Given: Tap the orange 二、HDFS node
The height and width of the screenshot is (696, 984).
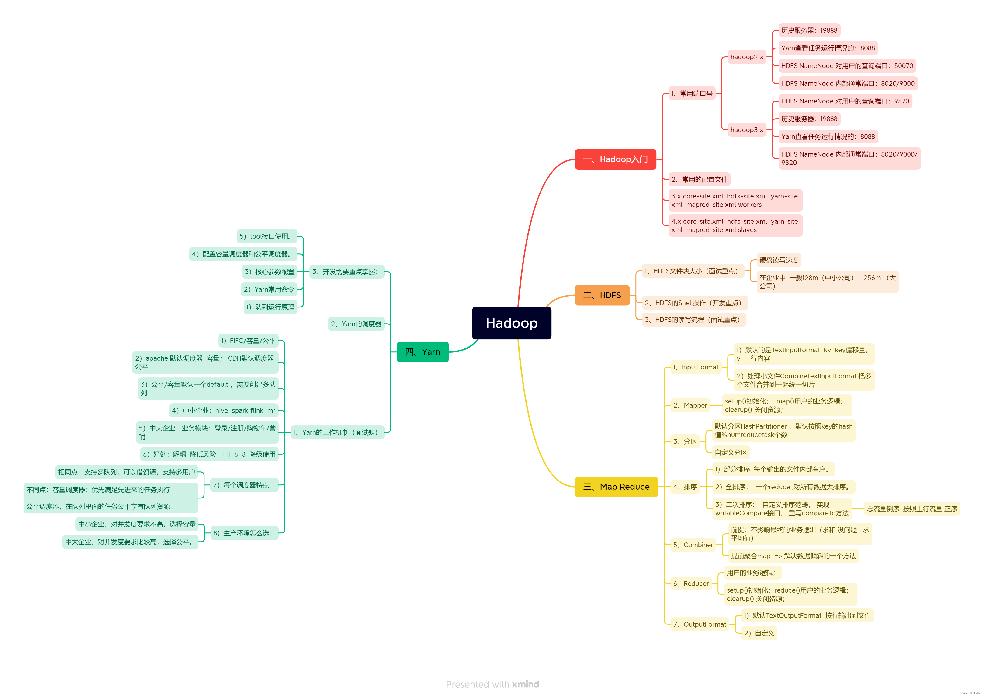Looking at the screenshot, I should pyautogui.click(x=602, y=295).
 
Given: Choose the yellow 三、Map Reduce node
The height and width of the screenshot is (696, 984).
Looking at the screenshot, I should pyautogui.click(x=616, y=487).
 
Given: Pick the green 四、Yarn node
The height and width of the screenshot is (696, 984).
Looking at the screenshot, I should pyautogui.click(x=423, y=352).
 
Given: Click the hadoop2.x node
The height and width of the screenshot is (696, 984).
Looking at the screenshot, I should pyautogui.click(x=747, y=57).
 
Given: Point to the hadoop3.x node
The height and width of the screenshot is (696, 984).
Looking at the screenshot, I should pyautogui.click(x=747, y=130).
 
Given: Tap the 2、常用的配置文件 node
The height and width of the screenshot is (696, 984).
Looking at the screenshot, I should pyautogui.click(x=699, y=180).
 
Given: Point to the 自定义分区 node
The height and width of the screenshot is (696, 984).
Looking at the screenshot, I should pyautogui.click(x=731, y=453).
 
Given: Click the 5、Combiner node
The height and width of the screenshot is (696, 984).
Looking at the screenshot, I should pyautogui.click(x=693, y=545).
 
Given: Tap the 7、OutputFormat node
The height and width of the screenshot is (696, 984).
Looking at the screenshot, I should pyautogui.click(x=699, y=624).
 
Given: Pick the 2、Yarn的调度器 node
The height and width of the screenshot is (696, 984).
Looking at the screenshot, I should pyautogui.click(x=356, y=324).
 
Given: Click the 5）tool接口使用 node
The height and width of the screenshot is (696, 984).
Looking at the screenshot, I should pyautogui.click(x=266, y=236).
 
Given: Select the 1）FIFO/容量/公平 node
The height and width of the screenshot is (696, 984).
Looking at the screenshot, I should pyautogui.click(x=248, y=341).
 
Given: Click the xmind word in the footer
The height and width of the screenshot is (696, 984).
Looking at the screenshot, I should pyautogui.click(x=525, y=684).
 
